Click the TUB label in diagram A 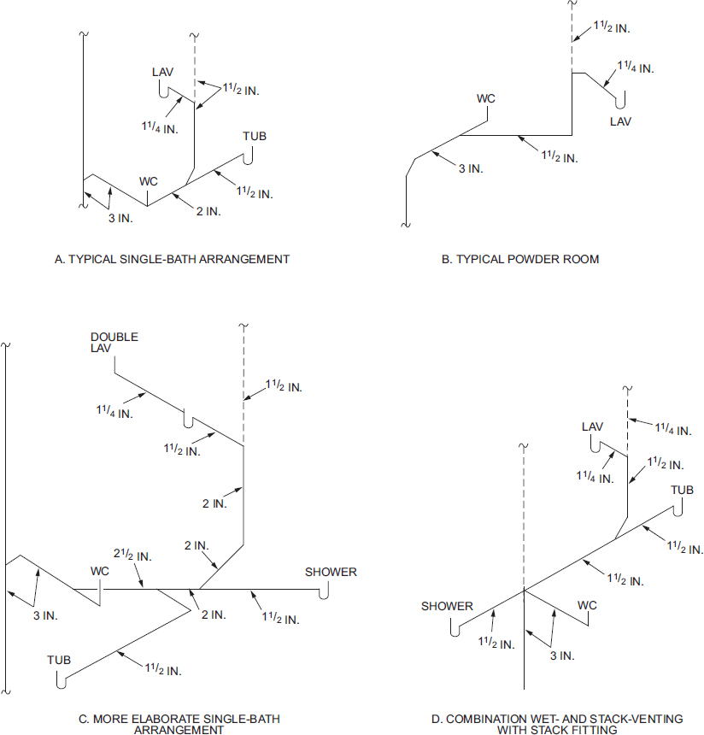255,137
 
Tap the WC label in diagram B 486,99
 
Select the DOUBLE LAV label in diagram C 114,343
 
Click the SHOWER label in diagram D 447,607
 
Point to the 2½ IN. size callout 132,555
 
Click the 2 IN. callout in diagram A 208,211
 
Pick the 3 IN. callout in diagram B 471,168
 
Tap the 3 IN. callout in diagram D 562,656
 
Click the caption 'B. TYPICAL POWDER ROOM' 520,259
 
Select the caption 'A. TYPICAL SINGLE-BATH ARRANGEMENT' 172,259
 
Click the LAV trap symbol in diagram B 620,100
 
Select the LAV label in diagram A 162,72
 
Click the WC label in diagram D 587,606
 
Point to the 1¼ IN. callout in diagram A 160,127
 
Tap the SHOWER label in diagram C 331,573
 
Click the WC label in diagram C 100,572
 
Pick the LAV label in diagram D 592,427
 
